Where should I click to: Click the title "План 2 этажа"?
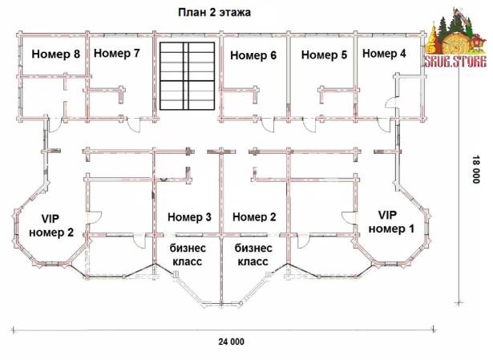coord(214,13)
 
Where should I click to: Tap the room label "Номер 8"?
coord(56,54)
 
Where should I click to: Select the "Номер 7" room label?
coord(117,53)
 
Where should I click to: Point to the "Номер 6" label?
coord(253,55)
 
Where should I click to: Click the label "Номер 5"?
coord(324,55)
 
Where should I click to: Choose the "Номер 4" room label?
coord(384,54)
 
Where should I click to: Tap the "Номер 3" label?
coord(189,217)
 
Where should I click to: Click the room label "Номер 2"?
coord(254,216)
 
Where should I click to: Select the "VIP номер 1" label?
coord(391,222)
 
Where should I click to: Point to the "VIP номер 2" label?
coord(51,225)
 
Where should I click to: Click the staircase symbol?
coord(187,76)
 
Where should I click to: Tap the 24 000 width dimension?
coord(231,342)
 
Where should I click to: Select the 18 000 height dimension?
coord(475,169)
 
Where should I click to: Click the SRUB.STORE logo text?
coord(455,62)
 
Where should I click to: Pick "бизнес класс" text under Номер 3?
coord(188,255)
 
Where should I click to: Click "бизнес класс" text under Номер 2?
coord(253,255)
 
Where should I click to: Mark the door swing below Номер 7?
coord(134,125)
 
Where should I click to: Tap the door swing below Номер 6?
coord(269,125)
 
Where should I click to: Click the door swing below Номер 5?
coord(309,125)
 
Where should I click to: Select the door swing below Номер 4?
coord(384,125)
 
